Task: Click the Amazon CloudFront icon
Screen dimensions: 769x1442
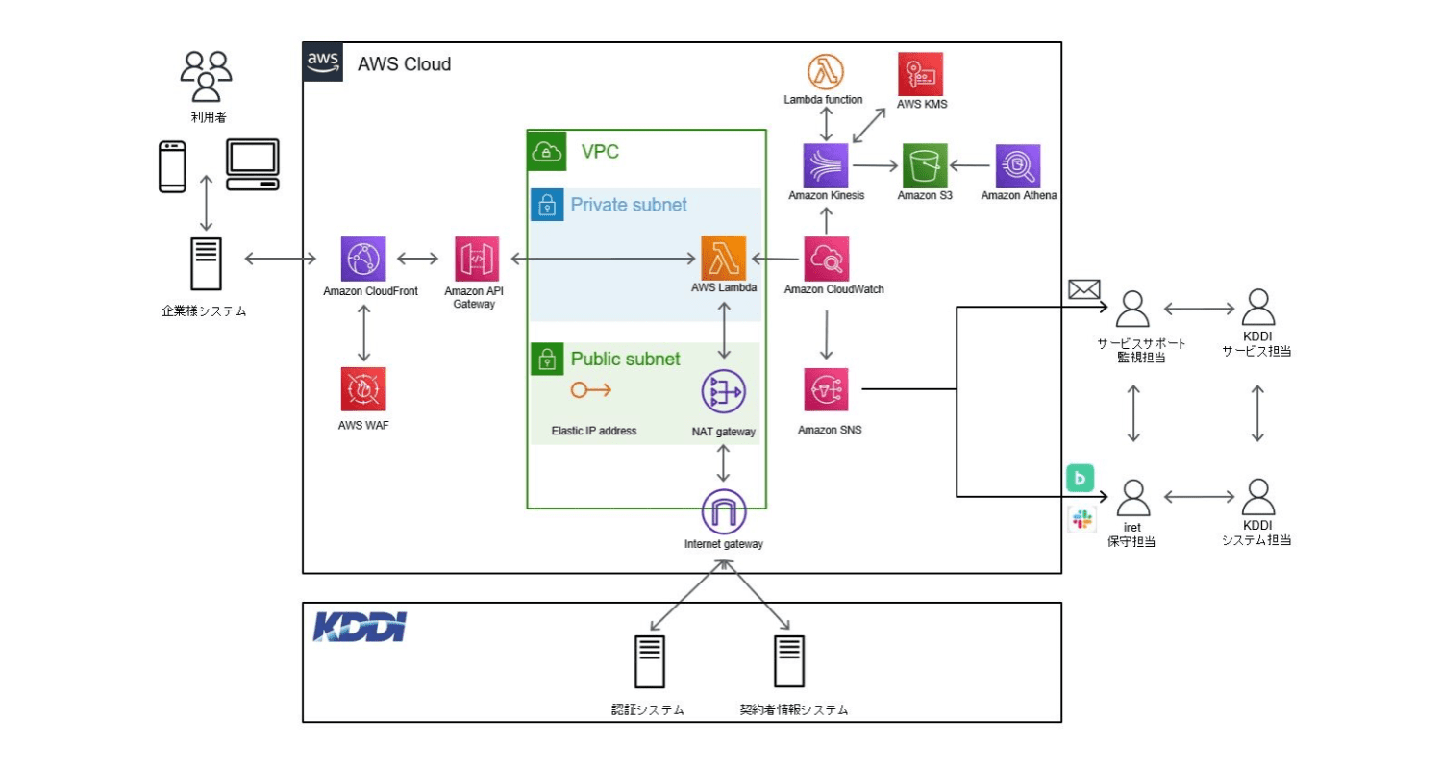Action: coord(363,259)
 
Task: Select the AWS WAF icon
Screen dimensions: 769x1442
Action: coord(363,389)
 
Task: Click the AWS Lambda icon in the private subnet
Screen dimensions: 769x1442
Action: coord(724,258)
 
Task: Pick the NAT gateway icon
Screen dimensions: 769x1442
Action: coord(724,391)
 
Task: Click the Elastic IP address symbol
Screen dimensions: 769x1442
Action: coord(590,390)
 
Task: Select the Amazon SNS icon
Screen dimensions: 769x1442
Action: coord(827,389)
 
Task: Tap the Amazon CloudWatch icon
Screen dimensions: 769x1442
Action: coord(827,259)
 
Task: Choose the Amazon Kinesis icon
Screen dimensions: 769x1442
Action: coord(827,165)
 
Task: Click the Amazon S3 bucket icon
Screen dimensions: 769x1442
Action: coord(924,165)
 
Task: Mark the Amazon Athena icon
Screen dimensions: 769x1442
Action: coord(1018,166)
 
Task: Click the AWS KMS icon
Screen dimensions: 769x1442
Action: coord(921,74)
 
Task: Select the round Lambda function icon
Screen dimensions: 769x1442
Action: coord(826,71)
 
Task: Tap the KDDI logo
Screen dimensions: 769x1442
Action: coord(360,626)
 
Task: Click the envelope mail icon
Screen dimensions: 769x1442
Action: coord(1083,288)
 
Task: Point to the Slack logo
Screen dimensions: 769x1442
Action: coord(1081,520)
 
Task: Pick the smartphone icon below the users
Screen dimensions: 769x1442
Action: coord(172,166)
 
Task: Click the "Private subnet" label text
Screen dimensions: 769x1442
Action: coord(629,205)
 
